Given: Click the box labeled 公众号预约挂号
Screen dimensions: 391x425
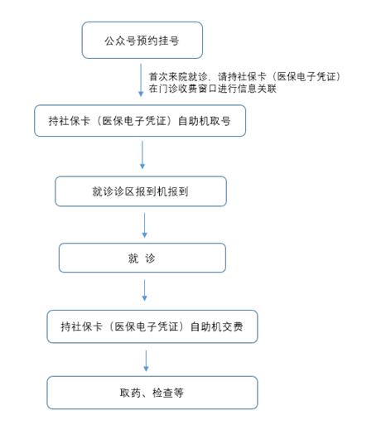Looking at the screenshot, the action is point(142,41).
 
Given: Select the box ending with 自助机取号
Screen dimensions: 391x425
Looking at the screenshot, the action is point(140,121).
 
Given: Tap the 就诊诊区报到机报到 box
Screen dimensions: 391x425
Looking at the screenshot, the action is point(141,191).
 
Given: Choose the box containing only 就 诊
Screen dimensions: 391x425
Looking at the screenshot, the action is point(142,258).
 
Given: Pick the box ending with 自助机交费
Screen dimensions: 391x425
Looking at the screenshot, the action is point(152,326).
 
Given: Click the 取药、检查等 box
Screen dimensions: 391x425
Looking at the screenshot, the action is point(152,393).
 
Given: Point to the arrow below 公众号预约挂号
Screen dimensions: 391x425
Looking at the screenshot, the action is point(141,80).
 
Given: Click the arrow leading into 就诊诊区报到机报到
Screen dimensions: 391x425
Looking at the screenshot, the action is point(142,155).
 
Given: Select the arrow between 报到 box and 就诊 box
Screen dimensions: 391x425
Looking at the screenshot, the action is point(144,225).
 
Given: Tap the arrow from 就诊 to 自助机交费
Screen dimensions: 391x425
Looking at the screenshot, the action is point(144,290).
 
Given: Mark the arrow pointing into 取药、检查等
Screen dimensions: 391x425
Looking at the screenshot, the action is point(146,361).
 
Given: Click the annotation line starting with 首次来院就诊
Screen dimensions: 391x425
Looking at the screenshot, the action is point(245,76).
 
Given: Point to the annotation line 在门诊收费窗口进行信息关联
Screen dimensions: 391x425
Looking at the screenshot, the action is point(213,89).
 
